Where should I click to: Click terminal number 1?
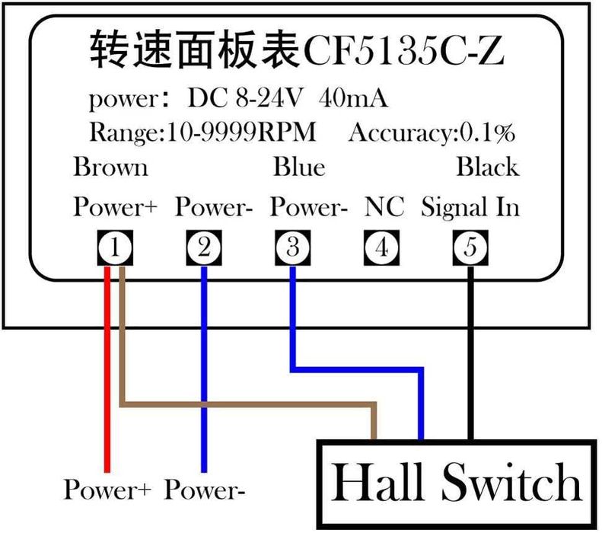114,247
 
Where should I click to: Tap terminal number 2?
203,247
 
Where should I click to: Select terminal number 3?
292,247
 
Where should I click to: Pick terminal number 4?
381,247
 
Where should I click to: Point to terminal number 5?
470,247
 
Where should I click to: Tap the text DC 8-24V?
245,99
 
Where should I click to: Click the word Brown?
110,167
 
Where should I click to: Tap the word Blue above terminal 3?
299,167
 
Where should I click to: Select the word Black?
487,167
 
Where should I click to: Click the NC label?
384,206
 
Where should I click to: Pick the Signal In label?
470,206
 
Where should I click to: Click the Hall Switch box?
455,482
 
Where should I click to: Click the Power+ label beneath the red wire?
110,489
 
